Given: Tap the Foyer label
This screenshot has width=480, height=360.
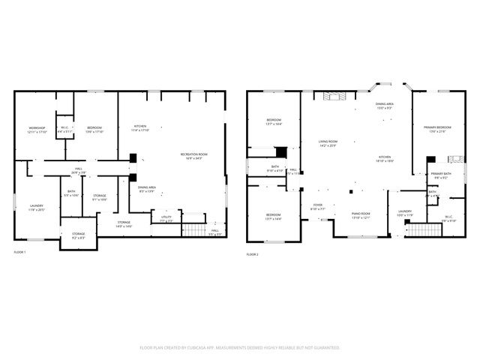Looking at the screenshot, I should [317, 207].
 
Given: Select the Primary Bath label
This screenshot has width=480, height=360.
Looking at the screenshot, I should [440, 175].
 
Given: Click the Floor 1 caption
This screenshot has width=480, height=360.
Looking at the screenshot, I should [20, 252].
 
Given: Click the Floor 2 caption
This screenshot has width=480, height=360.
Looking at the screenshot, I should [252, 255].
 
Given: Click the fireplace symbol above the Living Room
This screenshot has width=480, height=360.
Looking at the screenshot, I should [331, 96].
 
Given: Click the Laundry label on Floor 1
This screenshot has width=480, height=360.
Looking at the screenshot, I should [37, 208].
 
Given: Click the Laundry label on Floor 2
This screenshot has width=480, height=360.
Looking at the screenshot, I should [406, 214].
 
